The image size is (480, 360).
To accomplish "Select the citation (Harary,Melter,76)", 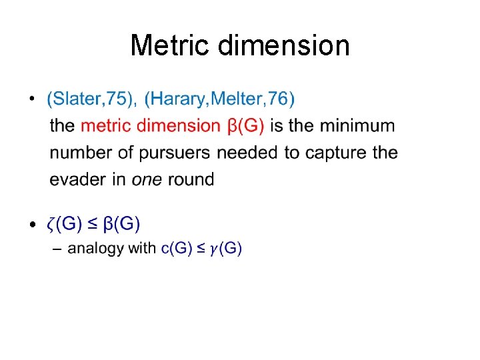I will coord(219,99).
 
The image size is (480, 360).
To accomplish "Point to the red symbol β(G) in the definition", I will coord(246,125).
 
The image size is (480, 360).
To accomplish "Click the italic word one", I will coord(146,179).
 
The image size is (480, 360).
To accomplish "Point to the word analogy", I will coord(95,249).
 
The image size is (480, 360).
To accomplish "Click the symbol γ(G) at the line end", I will coord(225,249).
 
